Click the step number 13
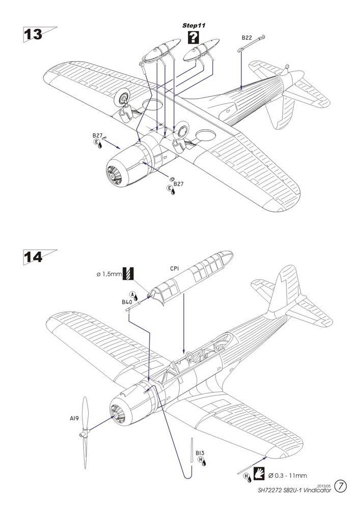tap(33, 35)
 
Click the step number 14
tap(33, 257)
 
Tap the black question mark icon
tap(193, 37)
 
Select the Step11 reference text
tap(194, 25)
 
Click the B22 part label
tap(247, 38)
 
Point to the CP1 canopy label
tap(174, 269)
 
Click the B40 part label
tap(127, 302)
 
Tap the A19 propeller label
tap(74, 419)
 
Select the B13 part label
tap(200, 453)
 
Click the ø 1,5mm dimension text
tap(109, 274)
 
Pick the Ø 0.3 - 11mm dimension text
tap(288, 476)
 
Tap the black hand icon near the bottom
tap(259, 472)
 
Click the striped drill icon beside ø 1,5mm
tap(128, 274)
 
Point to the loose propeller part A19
tap(85, 432)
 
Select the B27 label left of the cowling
tap(97, 136)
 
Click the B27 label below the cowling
tap(178, 184)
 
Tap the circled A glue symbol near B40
tap(132, 294)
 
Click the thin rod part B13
tap(192, 450)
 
